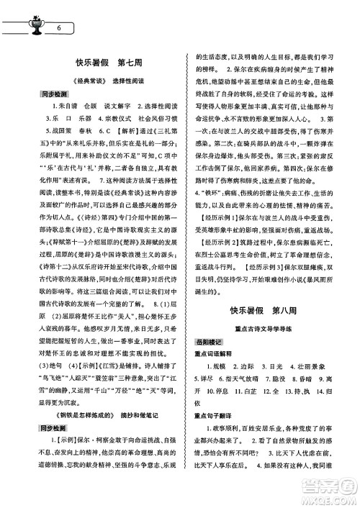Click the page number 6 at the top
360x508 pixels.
coord(57,28)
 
